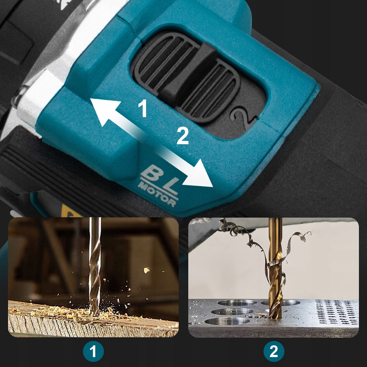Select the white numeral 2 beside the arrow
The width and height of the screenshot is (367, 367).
[182, 136]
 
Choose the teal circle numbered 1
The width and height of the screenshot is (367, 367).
[93, 351]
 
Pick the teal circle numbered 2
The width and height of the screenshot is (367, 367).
[274, 351]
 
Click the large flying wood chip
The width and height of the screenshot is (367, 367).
[147, 270]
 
